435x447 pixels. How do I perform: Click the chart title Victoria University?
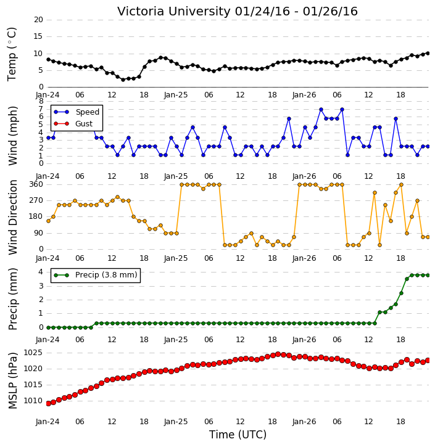pyautogui.click(x=174, y=12)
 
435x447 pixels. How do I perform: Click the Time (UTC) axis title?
pyautogui.click(x=238, y=435)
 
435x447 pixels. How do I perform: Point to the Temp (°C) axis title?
pyautogui.click(x=12, y=54)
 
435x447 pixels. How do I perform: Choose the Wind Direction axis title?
pyautogui.click(x=13, y=217)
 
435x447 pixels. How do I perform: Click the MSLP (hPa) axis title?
pyautogui.click(x=13, y=380)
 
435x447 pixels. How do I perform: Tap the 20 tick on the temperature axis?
pyautogui.click(x=38, y=20)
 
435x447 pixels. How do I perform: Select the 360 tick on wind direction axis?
pyautogui.click(x=36, y=184)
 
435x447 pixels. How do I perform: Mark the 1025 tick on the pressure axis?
pyautogui.click(x=33, y=353)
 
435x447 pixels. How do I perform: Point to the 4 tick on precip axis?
pyautogui.click(x=41, y=272)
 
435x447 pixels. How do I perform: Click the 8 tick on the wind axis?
pyautogui.click(x=41, y=101)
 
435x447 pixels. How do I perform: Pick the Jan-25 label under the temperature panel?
pyautogui.click(x=176, y=95)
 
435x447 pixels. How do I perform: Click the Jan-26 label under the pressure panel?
pyautogui.click(x=304, y=422)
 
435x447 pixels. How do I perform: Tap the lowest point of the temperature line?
pyautogui.click(x=123, y=80)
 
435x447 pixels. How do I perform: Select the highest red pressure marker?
pyautogui.click(x=278, y=355)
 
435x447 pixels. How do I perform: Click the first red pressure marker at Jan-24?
pyautogui.click(x=49, y=403)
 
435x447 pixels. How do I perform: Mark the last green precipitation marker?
pyautogui.click(x=428, y=275)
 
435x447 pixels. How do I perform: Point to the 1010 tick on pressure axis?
pyautogui.click(x=33, y=401)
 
